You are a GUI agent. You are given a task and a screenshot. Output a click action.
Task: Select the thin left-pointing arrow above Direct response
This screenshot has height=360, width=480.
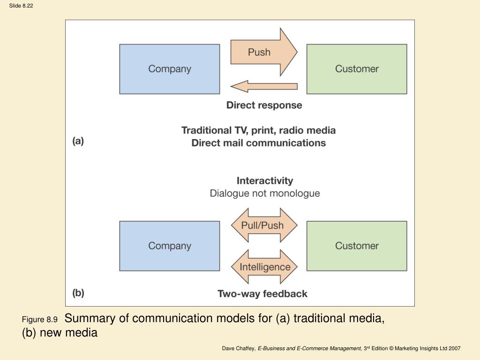coord(264,86)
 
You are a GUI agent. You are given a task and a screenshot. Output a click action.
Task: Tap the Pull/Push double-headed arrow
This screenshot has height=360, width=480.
coord(264,225)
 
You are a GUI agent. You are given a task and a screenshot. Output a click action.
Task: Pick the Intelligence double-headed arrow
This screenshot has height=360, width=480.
coord(264,267)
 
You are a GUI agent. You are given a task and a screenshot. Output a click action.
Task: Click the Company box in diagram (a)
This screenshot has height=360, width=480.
coord(170,69)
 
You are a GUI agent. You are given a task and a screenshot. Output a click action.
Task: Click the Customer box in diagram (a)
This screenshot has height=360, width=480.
coord(357,69)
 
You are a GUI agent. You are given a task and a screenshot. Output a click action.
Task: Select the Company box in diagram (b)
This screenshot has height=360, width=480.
coord(170,246)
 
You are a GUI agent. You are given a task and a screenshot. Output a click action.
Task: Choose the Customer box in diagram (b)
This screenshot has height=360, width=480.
coord(357,246)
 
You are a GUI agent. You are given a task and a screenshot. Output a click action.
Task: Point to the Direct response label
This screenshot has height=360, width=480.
coord(264,105)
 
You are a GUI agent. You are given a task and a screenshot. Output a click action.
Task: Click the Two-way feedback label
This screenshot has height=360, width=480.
coord(262,293)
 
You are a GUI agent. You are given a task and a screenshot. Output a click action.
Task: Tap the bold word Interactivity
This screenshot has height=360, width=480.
coord(265,180)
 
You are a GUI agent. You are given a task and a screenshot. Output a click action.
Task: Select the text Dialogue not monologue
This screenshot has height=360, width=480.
coord(265,194)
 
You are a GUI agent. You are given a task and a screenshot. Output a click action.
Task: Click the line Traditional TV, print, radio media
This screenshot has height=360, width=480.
coord(259,130)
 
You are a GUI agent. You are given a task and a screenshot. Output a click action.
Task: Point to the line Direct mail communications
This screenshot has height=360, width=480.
coord(259,143)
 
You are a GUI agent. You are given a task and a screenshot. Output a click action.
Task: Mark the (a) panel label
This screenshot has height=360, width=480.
coord(78,141)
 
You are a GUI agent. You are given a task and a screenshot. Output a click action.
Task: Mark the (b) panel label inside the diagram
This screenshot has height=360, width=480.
coord(78,293)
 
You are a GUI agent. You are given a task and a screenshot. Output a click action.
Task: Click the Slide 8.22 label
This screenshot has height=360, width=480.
coord(21,6)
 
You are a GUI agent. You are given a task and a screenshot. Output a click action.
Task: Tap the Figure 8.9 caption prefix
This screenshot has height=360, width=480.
coord(40,320)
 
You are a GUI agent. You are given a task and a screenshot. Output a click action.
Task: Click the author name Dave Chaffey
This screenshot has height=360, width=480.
coord(239,348)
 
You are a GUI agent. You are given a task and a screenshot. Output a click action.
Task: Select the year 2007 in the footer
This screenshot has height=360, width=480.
coord(455,348)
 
